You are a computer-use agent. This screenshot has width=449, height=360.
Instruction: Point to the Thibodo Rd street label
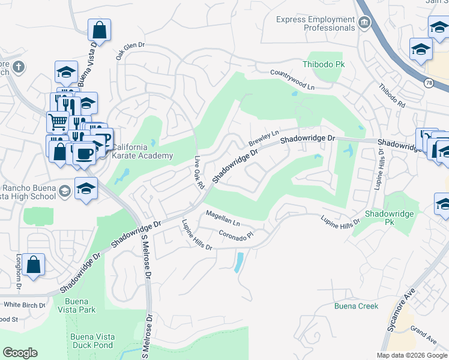(391, 95)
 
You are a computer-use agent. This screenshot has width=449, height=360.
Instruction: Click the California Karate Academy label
(142, 152)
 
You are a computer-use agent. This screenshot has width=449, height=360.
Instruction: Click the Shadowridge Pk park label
(390, 214)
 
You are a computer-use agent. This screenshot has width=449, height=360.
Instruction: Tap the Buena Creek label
(356, 306)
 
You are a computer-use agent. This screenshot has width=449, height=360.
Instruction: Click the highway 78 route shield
(428, 83)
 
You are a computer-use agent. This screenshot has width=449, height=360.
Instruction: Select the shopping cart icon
(58, 122)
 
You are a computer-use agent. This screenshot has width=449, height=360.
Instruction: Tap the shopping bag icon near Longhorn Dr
(34, 265)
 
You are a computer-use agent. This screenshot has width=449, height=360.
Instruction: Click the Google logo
(20, 353)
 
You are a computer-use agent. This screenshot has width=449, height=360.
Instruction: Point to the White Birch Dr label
(24, 305)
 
